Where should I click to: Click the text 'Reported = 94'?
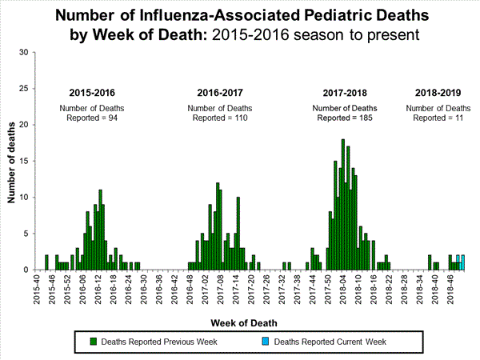coord(95,118)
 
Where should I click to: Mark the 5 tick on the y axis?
coord(26,234)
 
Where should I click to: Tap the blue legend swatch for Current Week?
coord(265,342)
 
